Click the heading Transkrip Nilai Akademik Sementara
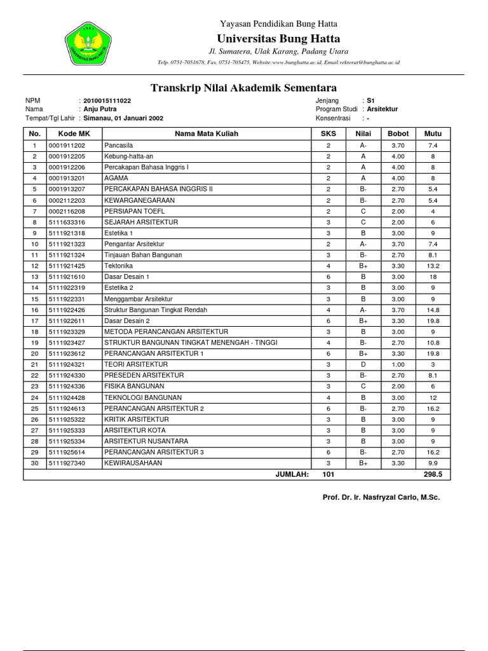(x=243, y=88)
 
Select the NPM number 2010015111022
(x=107, y=101)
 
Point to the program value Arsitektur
(x=383, y=109)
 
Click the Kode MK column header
(x=74, y=134)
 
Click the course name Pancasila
(x=119, y=146)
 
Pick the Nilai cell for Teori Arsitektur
(x=363, y=364)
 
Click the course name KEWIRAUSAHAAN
(x=133, y=463)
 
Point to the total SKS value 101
(x=329, y=474)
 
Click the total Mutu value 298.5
(x=433, y=474)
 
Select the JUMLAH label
(x=292, y=474)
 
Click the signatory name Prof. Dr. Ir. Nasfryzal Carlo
(x=381, y=497)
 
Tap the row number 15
(x=35, y=299)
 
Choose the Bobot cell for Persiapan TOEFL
(x=398, y=211)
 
